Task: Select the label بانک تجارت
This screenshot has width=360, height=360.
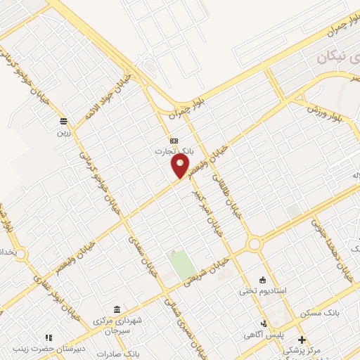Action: pyautogui.click(x=174, y=151)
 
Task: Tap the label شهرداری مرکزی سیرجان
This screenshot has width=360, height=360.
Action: pyautogui.click(x=127, y=324)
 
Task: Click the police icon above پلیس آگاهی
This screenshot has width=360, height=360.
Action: pyautogui.click(x=264, y=324)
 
